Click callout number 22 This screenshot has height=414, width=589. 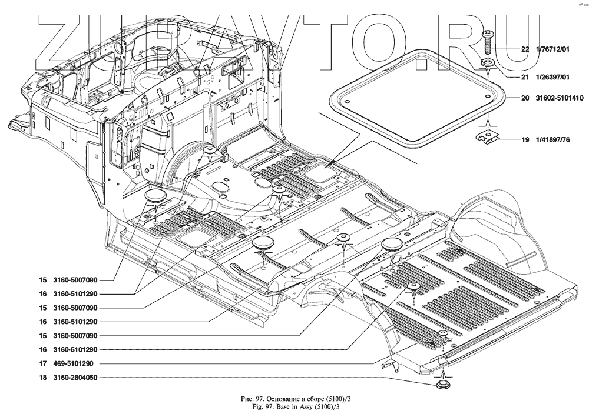[x=525, y=50]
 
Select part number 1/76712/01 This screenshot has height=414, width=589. [x=553, y=50]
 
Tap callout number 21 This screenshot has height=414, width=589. [x=525, y=77]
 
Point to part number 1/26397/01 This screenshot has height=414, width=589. [x=553, y=77]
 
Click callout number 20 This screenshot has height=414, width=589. [x=525, y=98]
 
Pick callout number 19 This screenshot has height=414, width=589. [x=525, y=141]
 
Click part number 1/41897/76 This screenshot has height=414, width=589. [x=553, y=141]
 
